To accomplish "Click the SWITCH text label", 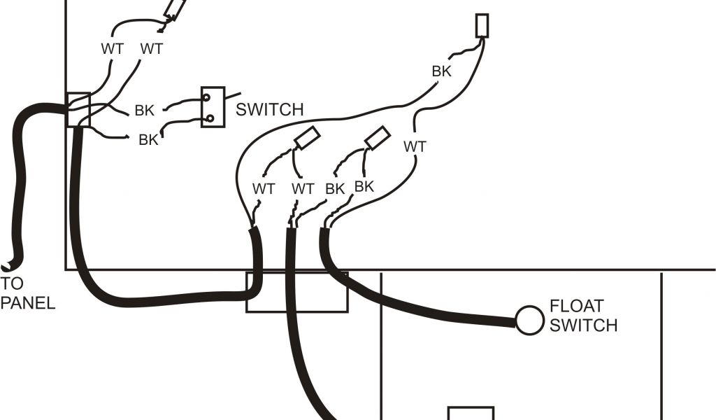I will (269, 110).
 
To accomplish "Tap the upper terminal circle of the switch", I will (207, 99).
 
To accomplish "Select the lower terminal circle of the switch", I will (208, 118).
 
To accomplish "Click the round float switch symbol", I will (529, 320).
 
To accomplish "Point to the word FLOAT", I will (577, 307).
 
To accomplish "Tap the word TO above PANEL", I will (12, 284).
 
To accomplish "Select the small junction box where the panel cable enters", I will (78, 110).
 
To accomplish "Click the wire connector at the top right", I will (482, 26).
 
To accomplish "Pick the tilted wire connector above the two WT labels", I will (174, 9).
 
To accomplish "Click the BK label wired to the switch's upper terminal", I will (145, 110).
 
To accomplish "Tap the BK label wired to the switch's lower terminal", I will (148, 139).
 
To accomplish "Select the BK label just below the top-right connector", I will (441, 71).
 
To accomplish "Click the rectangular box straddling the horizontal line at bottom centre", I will (296, 291).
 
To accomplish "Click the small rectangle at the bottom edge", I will (471, 413).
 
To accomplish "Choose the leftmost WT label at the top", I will (112, 49).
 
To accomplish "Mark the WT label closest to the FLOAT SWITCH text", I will (415, 147).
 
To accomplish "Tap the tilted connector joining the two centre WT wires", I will (307, 138).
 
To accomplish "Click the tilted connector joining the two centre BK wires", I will (378, 138).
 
